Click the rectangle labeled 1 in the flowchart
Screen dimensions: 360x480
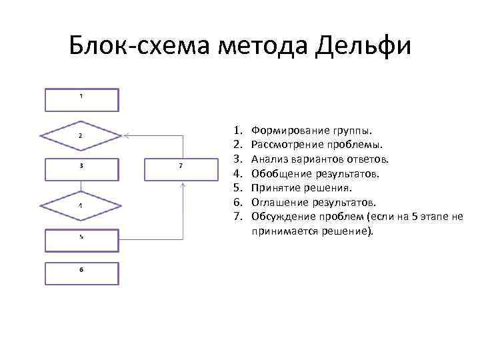point(81,99)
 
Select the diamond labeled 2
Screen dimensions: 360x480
point(81,135)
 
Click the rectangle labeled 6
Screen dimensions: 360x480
point(81,273)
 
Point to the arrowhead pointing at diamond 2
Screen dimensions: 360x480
point(125,135)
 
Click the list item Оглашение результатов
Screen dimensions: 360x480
point(314,202)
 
